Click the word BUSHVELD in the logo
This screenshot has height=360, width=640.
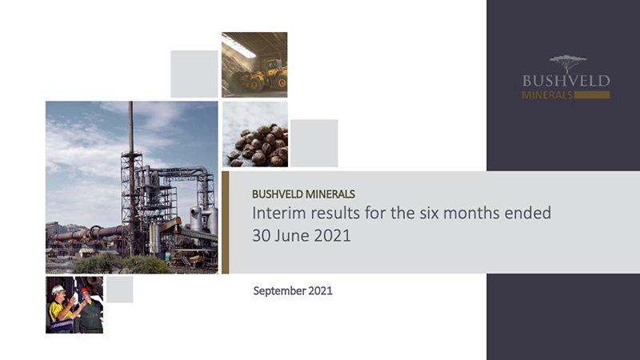(566, 81)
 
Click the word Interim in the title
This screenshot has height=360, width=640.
(276, 214)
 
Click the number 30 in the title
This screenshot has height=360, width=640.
(262, 238)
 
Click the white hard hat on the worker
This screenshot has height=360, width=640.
(58, 290)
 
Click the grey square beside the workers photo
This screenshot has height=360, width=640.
(119, 290)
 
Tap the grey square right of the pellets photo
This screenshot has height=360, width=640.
(314, 143)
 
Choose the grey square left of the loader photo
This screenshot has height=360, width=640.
(194, 74)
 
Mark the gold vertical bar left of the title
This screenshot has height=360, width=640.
(226, 222)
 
